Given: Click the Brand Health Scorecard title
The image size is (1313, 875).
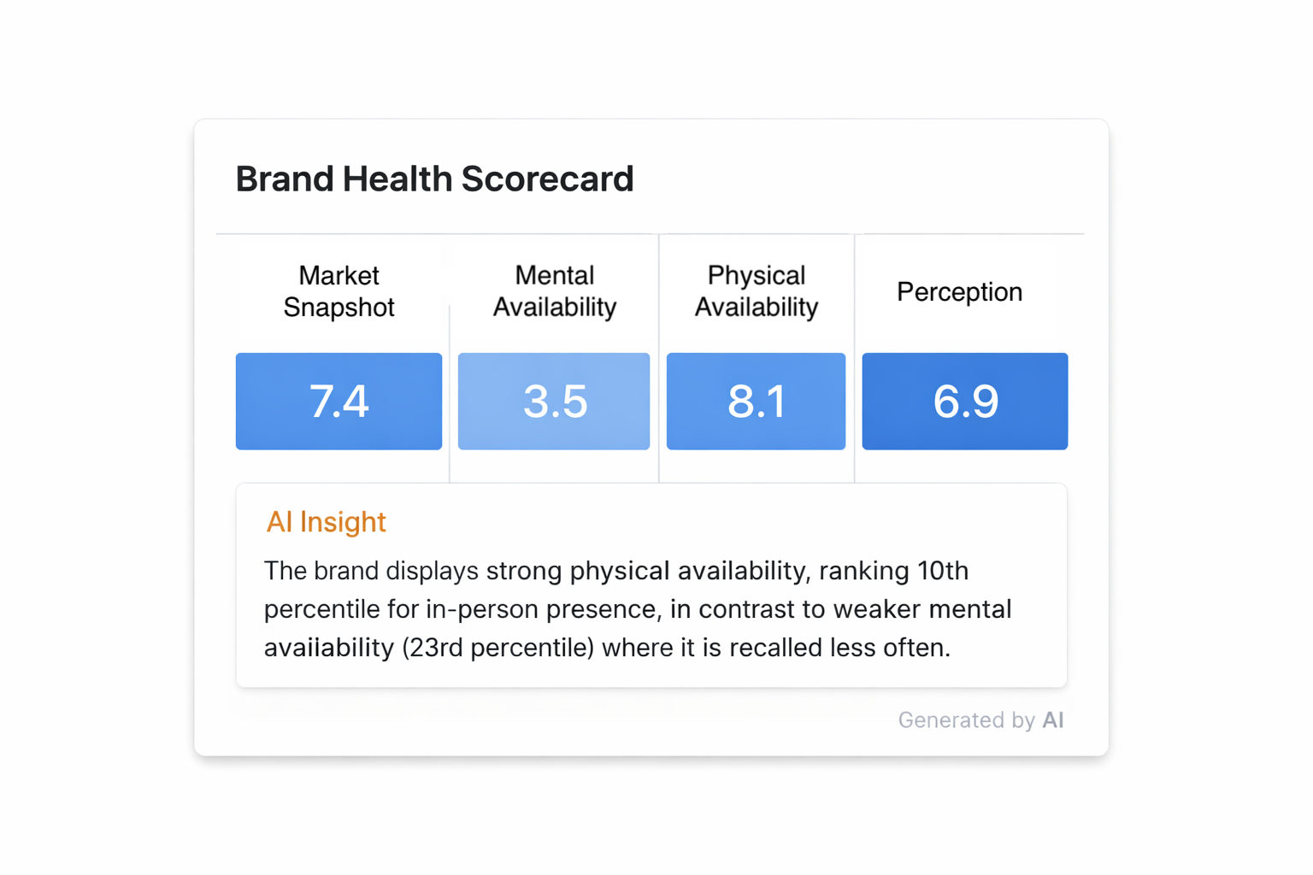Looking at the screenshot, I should tap(434, 179).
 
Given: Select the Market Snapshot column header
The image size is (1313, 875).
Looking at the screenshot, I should tap(339, 291).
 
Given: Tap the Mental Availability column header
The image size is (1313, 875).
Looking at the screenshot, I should tap(554, 291).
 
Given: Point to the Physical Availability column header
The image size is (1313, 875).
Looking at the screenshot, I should tap(756, 291).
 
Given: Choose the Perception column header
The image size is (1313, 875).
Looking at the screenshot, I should tap(959, 292).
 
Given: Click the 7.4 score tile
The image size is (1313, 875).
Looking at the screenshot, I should tap(339, 401).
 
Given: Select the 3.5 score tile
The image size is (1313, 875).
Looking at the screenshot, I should tap(554, 401).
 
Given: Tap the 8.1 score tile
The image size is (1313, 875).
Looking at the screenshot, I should tap(756, 401).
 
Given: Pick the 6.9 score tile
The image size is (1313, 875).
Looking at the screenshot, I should tap(964, 401).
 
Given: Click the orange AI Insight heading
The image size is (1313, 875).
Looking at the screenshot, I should tap(326, 522).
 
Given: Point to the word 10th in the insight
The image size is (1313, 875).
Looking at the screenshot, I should tap(942, 571).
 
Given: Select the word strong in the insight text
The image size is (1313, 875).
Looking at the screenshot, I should tap(523, 571).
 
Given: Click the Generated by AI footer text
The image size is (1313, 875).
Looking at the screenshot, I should tap(980, 720).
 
